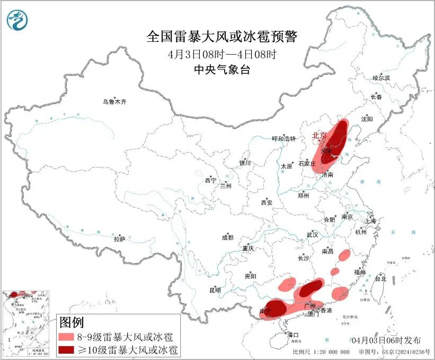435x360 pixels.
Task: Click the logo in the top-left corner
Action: tap(18, 20)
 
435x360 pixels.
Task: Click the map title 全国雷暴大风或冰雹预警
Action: tap(223, 37)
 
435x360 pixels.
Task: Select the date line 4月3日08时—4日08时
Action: tap(223, 54)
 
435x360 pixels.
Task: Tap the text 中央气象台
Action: tap(223, 69)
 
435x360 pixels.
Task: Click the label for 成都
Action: tap(228, 238)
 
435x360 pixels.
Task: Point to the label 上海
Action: tap(371, 221)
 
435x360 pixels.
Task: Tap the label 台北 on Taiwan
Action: tap(380, 278)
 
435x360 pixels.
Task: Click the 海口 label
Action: tap(293, 335)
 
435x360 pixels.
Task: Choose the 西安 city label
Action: tap(267, 203)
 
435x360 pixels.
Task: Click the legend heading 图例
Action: tap(71, 322)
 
